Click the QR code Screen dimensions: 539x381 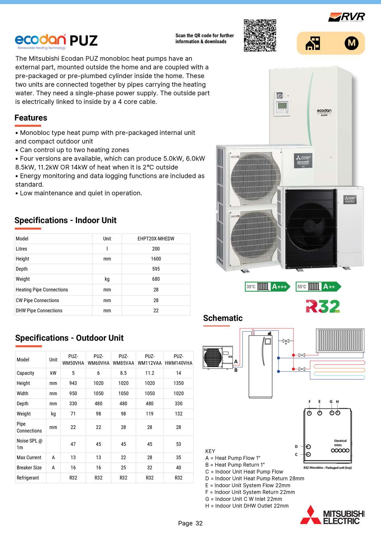coord(260,35)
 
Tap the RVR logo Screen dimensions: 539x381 coord(347,17)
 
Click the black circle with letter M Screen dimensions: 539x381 coord(351,43)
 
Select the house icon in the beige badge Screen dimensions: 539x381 coord(313,43)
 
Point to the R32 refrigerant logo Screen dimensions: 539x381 coord(323,306)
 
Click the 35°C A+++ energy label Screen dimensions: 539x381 coord(267,287)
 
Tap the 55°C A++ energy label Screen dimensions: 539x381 coord(318,287)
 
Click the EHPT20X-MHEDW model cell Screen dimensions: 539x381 coord(156,239)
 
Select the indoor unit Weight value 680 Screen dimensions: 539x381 coord(156,279)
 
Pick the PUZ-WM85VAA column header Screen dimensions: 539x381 coord(123,360)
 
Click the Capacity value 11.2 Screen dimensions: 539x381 coord(150,373)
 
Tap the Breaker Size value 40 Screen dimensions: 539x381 coord(178,467)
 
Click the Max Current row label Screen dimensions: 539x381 coord(29,457)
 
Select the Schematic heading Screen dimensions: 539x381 coord(223,318)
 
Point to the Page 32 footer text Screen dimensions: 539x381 coord(190,523)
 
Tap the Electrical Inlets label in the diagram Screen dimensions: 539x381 coord(340,443)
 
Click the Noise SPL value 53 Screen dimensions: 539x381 coord(178,444)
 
